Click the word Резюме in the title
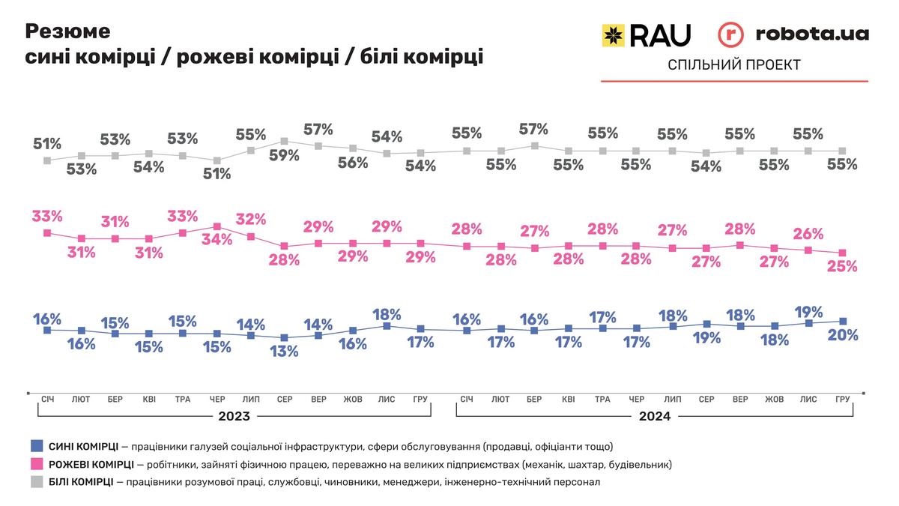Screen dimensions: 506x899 coord(68,31)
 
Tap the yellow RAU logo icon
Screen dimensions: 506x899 coord(614,34)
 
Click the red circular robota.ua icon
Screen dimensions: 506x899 coord(730,34)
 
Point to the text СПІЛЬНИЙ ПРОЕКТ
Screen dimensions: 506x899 coord(733,65)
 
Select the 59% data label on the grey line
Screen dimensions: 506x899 coord(284,155)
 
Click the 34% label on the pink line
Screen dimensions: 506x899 coord(216,241)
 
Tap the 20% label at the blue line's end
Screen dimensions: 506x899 coord(842,335)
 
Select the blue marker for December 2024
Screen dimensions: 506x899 coord(843,321)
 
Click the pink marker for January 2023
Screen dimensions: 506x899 coord(47,233)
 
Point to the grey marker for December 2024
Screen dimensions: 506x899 coord(843,151)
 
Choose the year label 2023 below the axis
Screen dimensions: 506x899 coord(234,416)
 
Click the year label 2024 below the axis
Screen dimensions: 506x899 coord(655,416)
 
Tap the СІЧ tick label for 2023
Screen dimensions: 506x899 coord(47,400)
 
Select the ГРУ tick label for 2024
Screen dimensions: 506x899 coord(843,400)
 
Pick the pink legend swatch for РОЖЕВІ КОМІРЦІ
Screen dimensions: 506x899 coord(36,464)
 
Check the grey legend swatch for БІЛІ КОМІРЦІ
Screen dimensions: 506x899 coord(36,482)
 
